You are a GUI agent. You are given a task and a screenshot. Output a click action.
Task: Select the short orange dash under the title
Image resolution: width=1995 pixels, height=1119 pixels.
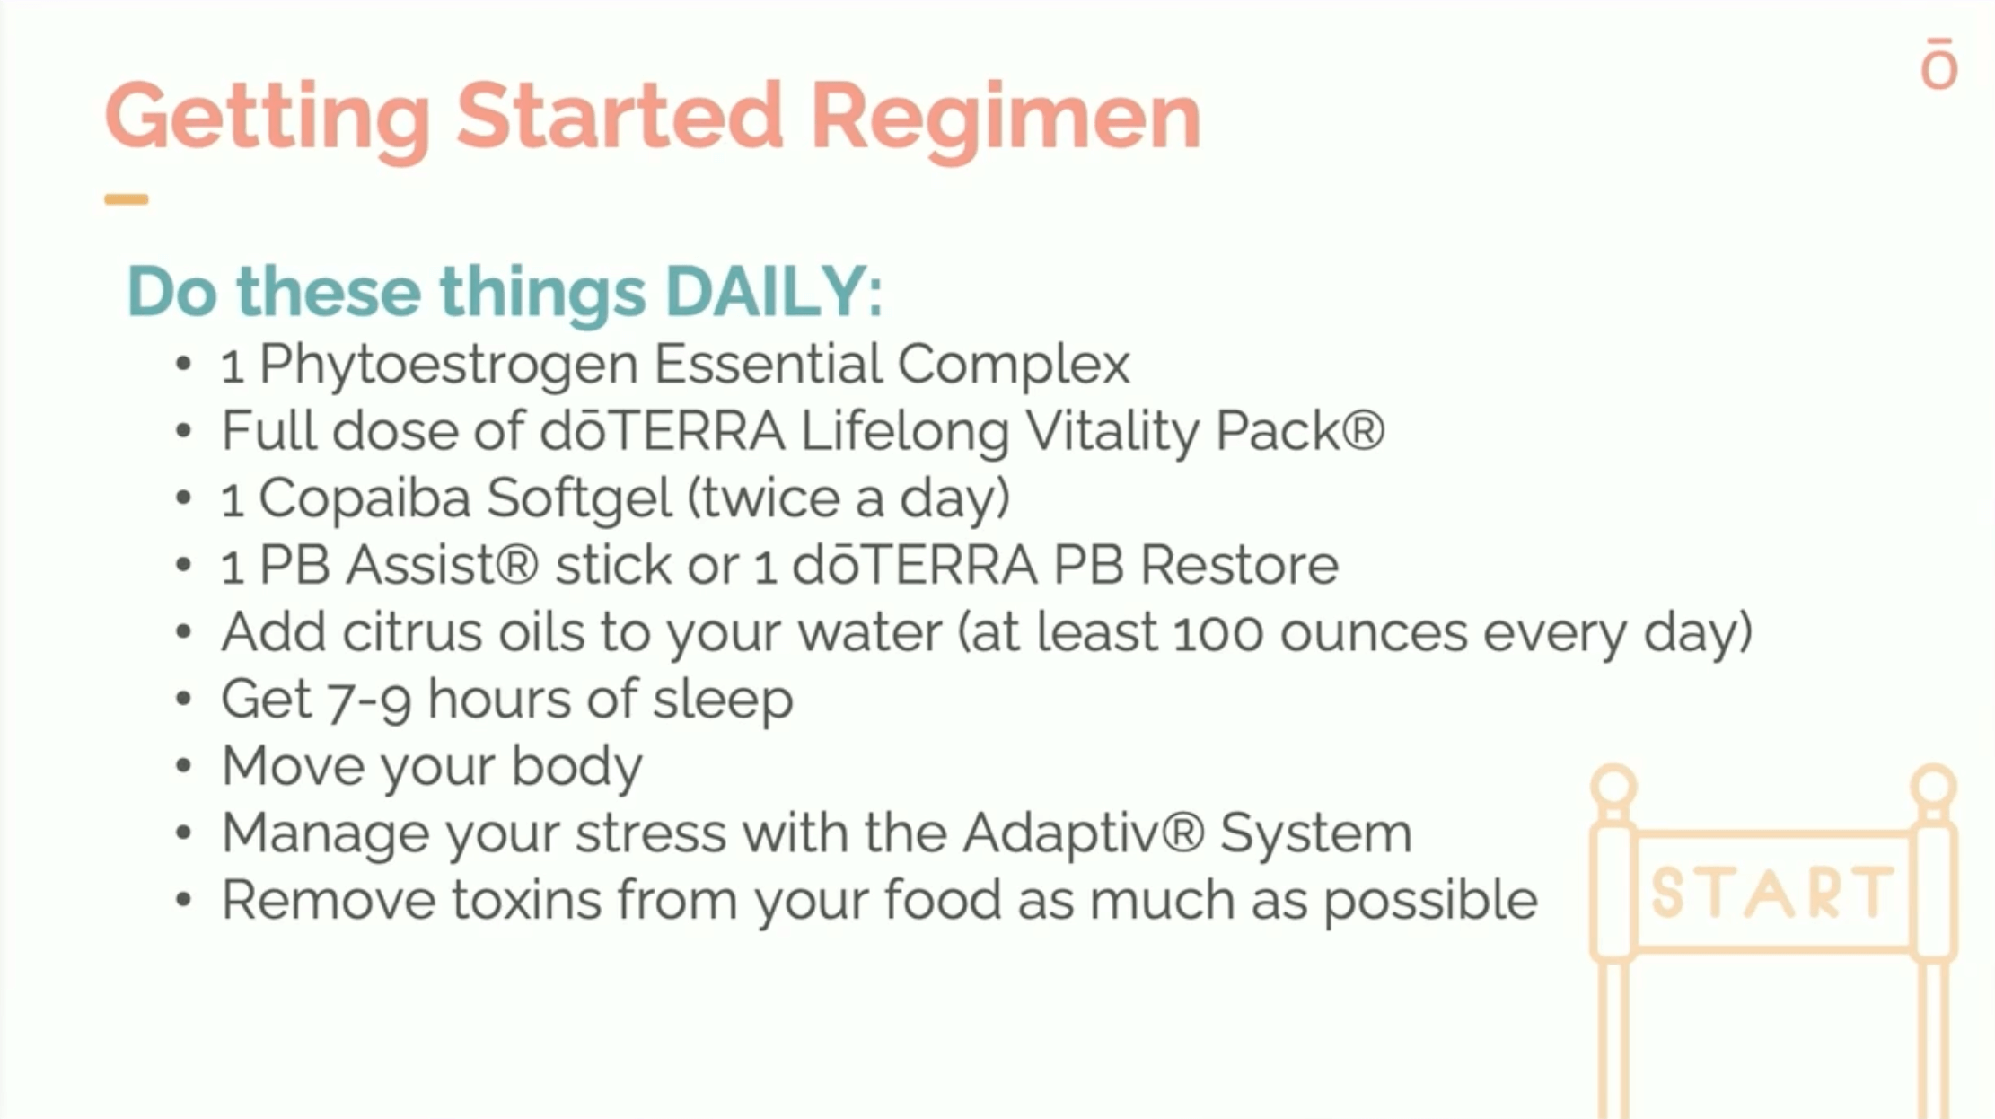click(x=126, y=199)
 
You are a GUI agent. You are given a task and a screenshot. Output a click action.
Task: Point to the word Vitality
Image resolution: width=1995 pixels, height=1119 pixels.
click(x=1112, y=431)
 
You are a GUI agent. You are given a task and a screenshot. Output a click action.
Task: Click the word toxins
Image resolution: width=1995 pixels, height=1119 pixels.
click(x=526, y=901)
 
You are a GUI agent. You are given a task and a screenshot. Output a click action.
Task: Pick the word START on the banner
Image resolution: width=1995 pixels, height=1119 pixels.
click(x=1771, y=893)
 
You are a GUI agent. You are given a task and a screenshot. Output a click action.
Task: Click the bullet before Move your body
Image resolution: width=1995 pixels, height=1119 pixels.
click(x=184, y=767)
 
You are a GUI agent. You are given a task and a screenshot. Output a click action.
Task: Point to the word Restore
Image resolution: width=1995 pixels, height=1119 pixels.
click(x=1239, y=566)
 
